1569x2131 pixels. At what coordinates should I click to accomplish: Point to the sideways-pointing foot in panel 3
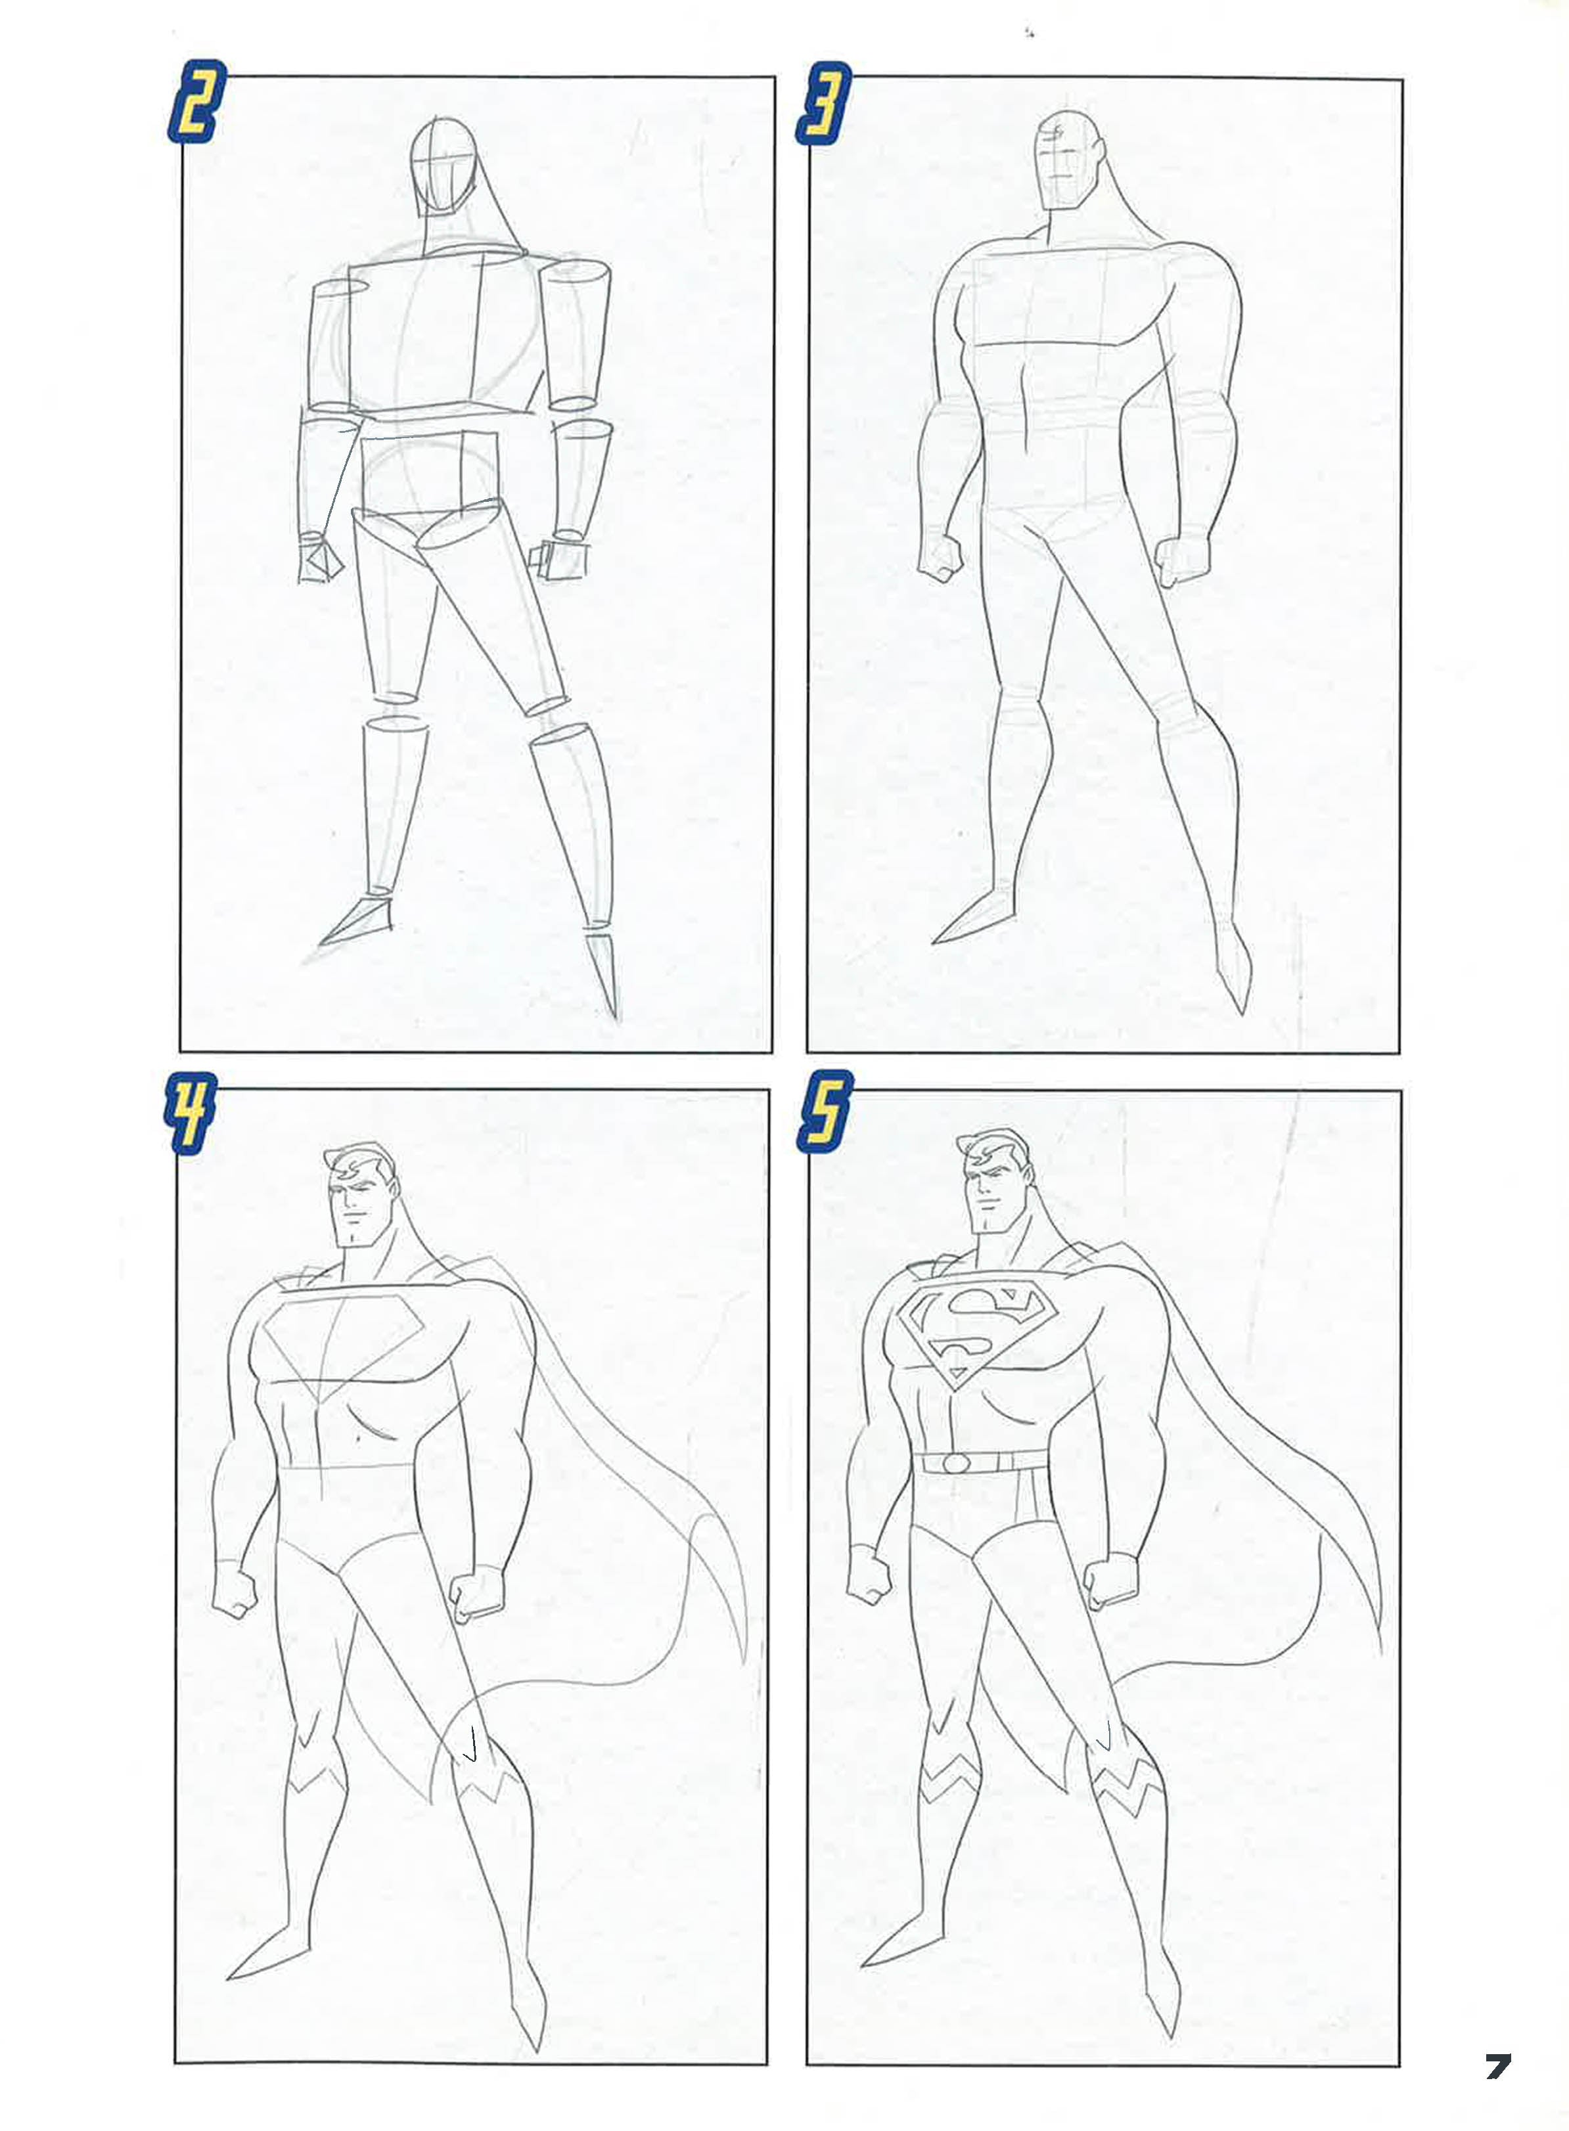click(972, 917)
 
